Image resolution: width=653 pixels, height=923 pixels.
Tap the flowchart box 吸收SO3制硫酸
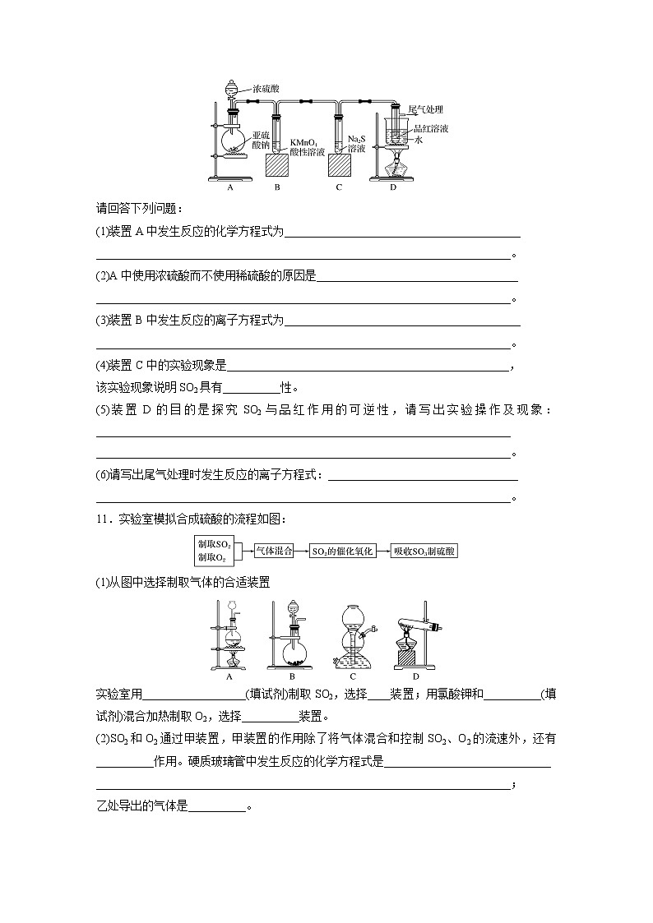424,551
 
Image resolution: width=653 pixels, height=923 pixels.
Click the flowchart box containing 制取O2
213,557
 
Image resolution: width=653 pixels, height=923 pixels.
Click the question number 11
103,519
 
